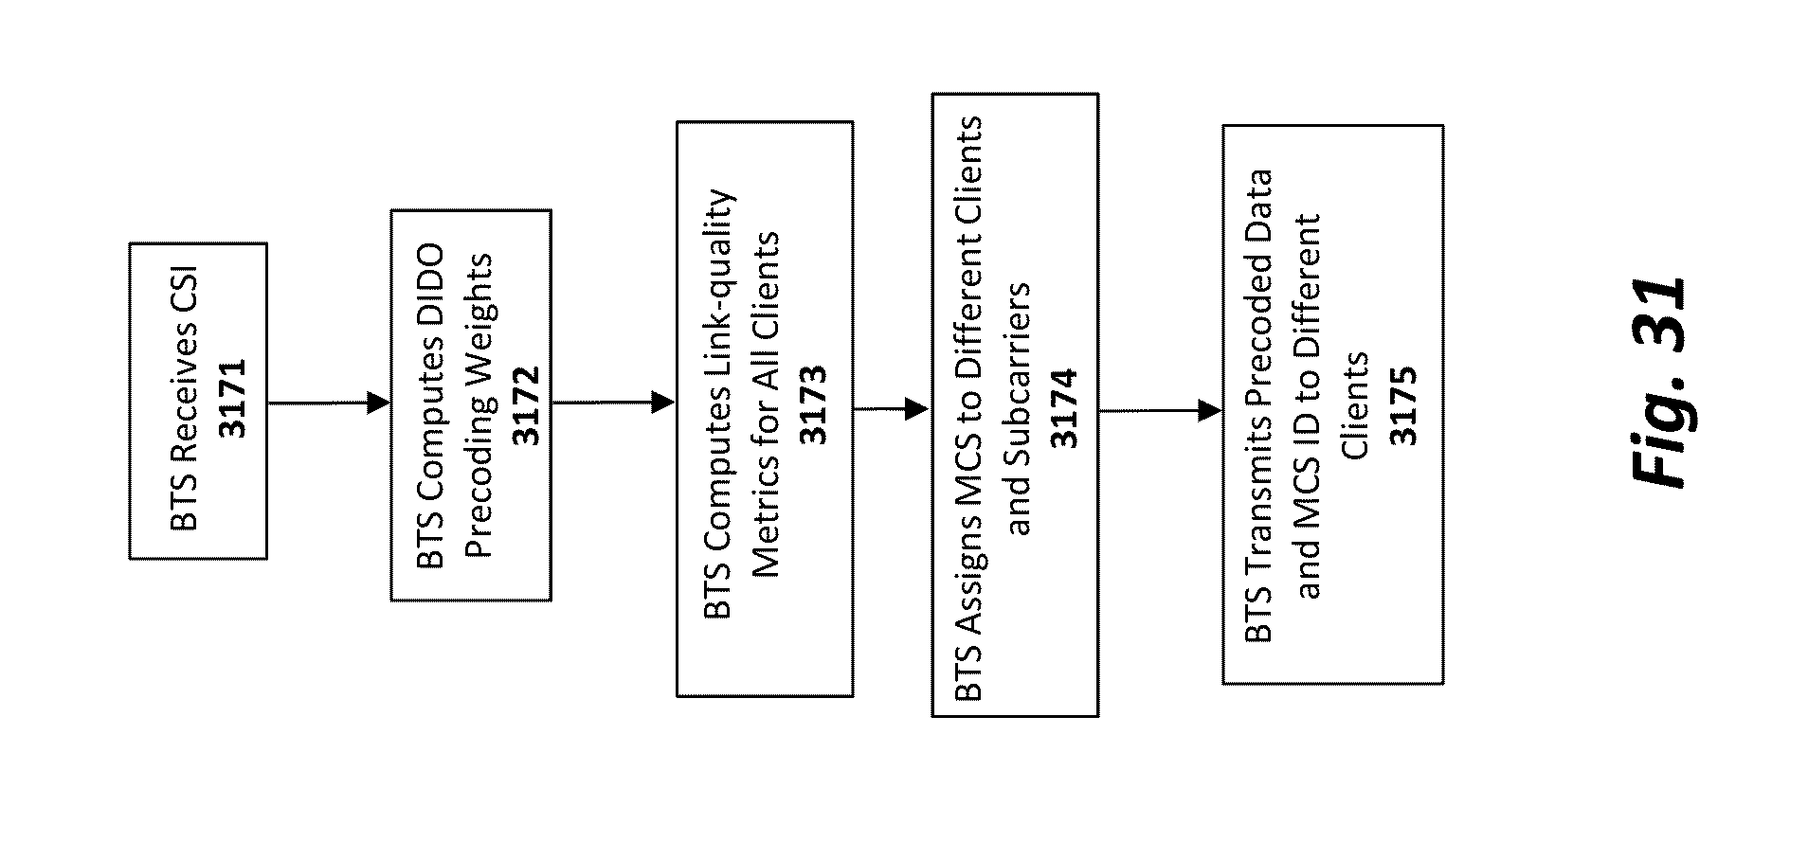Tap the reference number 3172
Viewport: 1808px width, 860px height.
(x=524, y=404)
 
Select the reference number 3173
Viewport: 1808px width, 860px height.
(x=813, y=404)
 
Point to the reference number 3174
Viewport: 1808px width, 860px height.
(x=1064, y=407)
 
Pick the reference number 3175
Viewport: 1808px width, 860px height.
(x=1401, y=405)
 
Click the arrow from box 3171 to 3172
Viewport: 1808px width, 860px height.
(x=329, y=403)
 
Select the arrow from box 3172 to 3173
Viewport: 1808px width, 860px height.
(x=613, y=403)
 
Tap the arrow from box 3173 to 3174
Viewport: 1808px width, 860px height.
(x=891, y=409)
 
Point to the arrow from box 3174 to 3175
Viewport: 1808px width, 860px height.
(x=1160, y=411)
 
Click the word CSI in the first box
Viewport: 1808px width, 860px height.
(x=185, y=298)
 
